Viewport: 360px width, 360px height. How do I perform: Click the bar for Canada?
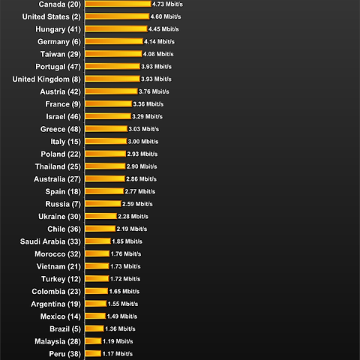[118, 4]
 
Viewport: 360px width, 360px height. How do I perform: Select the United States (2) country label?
[52, 16]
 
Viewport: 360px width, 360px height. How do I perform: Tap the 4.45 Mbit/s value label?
[163, 29]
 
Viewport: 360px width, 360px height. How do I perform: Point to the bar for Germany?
[114, 41]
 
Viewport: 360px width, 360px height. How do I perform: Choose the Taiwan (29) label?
[61, 54]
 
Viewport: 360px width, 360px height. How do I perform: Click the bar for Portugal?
[112, 66]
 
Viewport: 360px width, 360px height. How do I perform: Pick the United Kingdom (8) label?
[46, 79]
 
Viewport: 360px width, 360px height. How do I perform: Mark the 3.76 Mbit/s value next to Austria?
[154, 91]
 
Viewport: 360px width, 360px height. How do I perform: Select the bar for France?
[108, 103]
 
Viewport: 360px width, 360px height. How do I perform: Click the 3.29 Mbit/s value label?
[147, 116]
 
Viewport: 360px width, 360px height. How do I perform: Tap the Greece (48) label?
[61, 129]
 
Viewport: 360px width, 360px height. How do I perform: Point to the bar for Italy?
[106, 141]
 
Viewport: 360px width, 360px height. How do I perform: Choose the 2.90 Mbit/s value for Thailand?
[142, 166]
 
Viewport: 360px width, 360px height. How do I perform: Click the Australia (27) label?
[57, 179]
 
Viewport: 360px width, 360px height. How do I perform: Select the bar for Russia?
[103, 204]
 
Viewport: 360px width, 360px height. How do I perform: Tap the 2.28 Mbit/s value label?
[133, 217]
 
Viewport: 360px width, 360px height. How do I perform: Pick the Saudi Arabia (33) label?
[50, 241]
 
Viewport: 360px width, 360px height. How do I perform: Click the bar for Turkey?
[97, 279]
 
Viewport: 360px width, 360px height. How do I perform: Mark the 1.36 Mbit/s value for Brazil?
[120, 328]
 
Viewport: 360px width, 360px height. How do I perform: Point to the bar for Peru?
[93, 354]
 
